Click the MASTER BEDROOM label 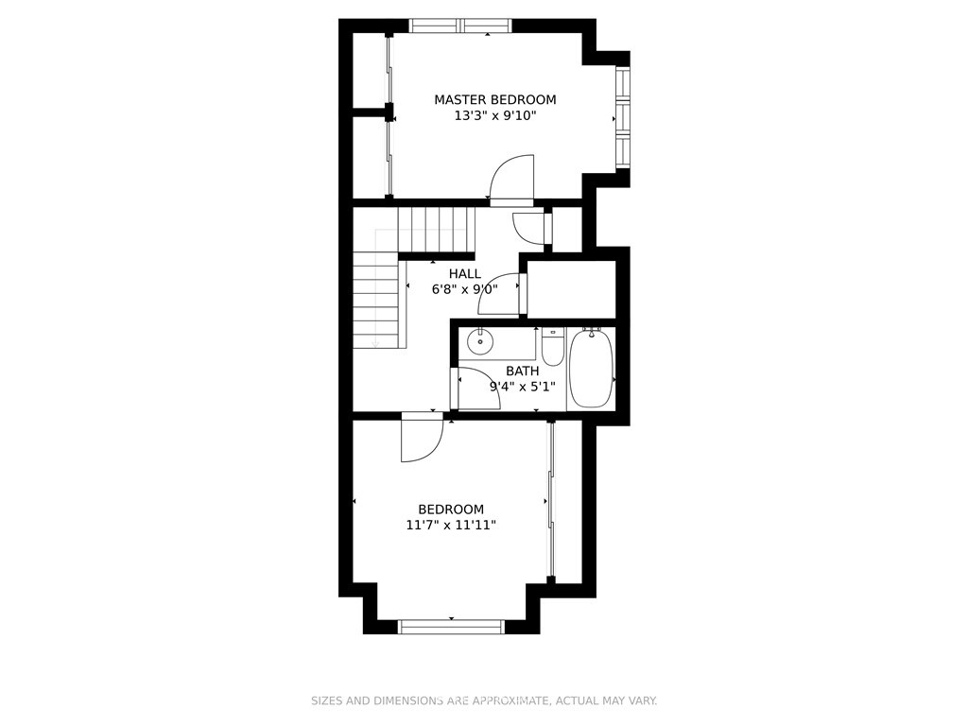click(495, 99)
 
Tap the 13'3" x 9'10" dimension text click(495, 115)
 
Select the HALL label click(465, 274)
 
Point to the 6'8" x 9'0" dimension click(465, 289)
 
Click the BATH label click(522, 371)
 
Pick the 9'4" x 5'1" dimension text click(522, 387)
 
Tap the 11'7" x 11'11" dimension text click(451, 526)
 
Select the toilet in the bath click(552, 347)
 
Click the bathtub click(591, 370)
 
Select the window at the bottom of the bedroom click(451, 627)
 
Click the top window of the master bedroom click(460, 26)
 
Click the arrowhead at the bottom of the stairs click(374, 344)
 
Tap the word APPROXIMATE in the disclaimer click(510, 700)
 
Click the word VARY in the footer click(643, 700)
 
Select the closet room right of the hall click(572, 289)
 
